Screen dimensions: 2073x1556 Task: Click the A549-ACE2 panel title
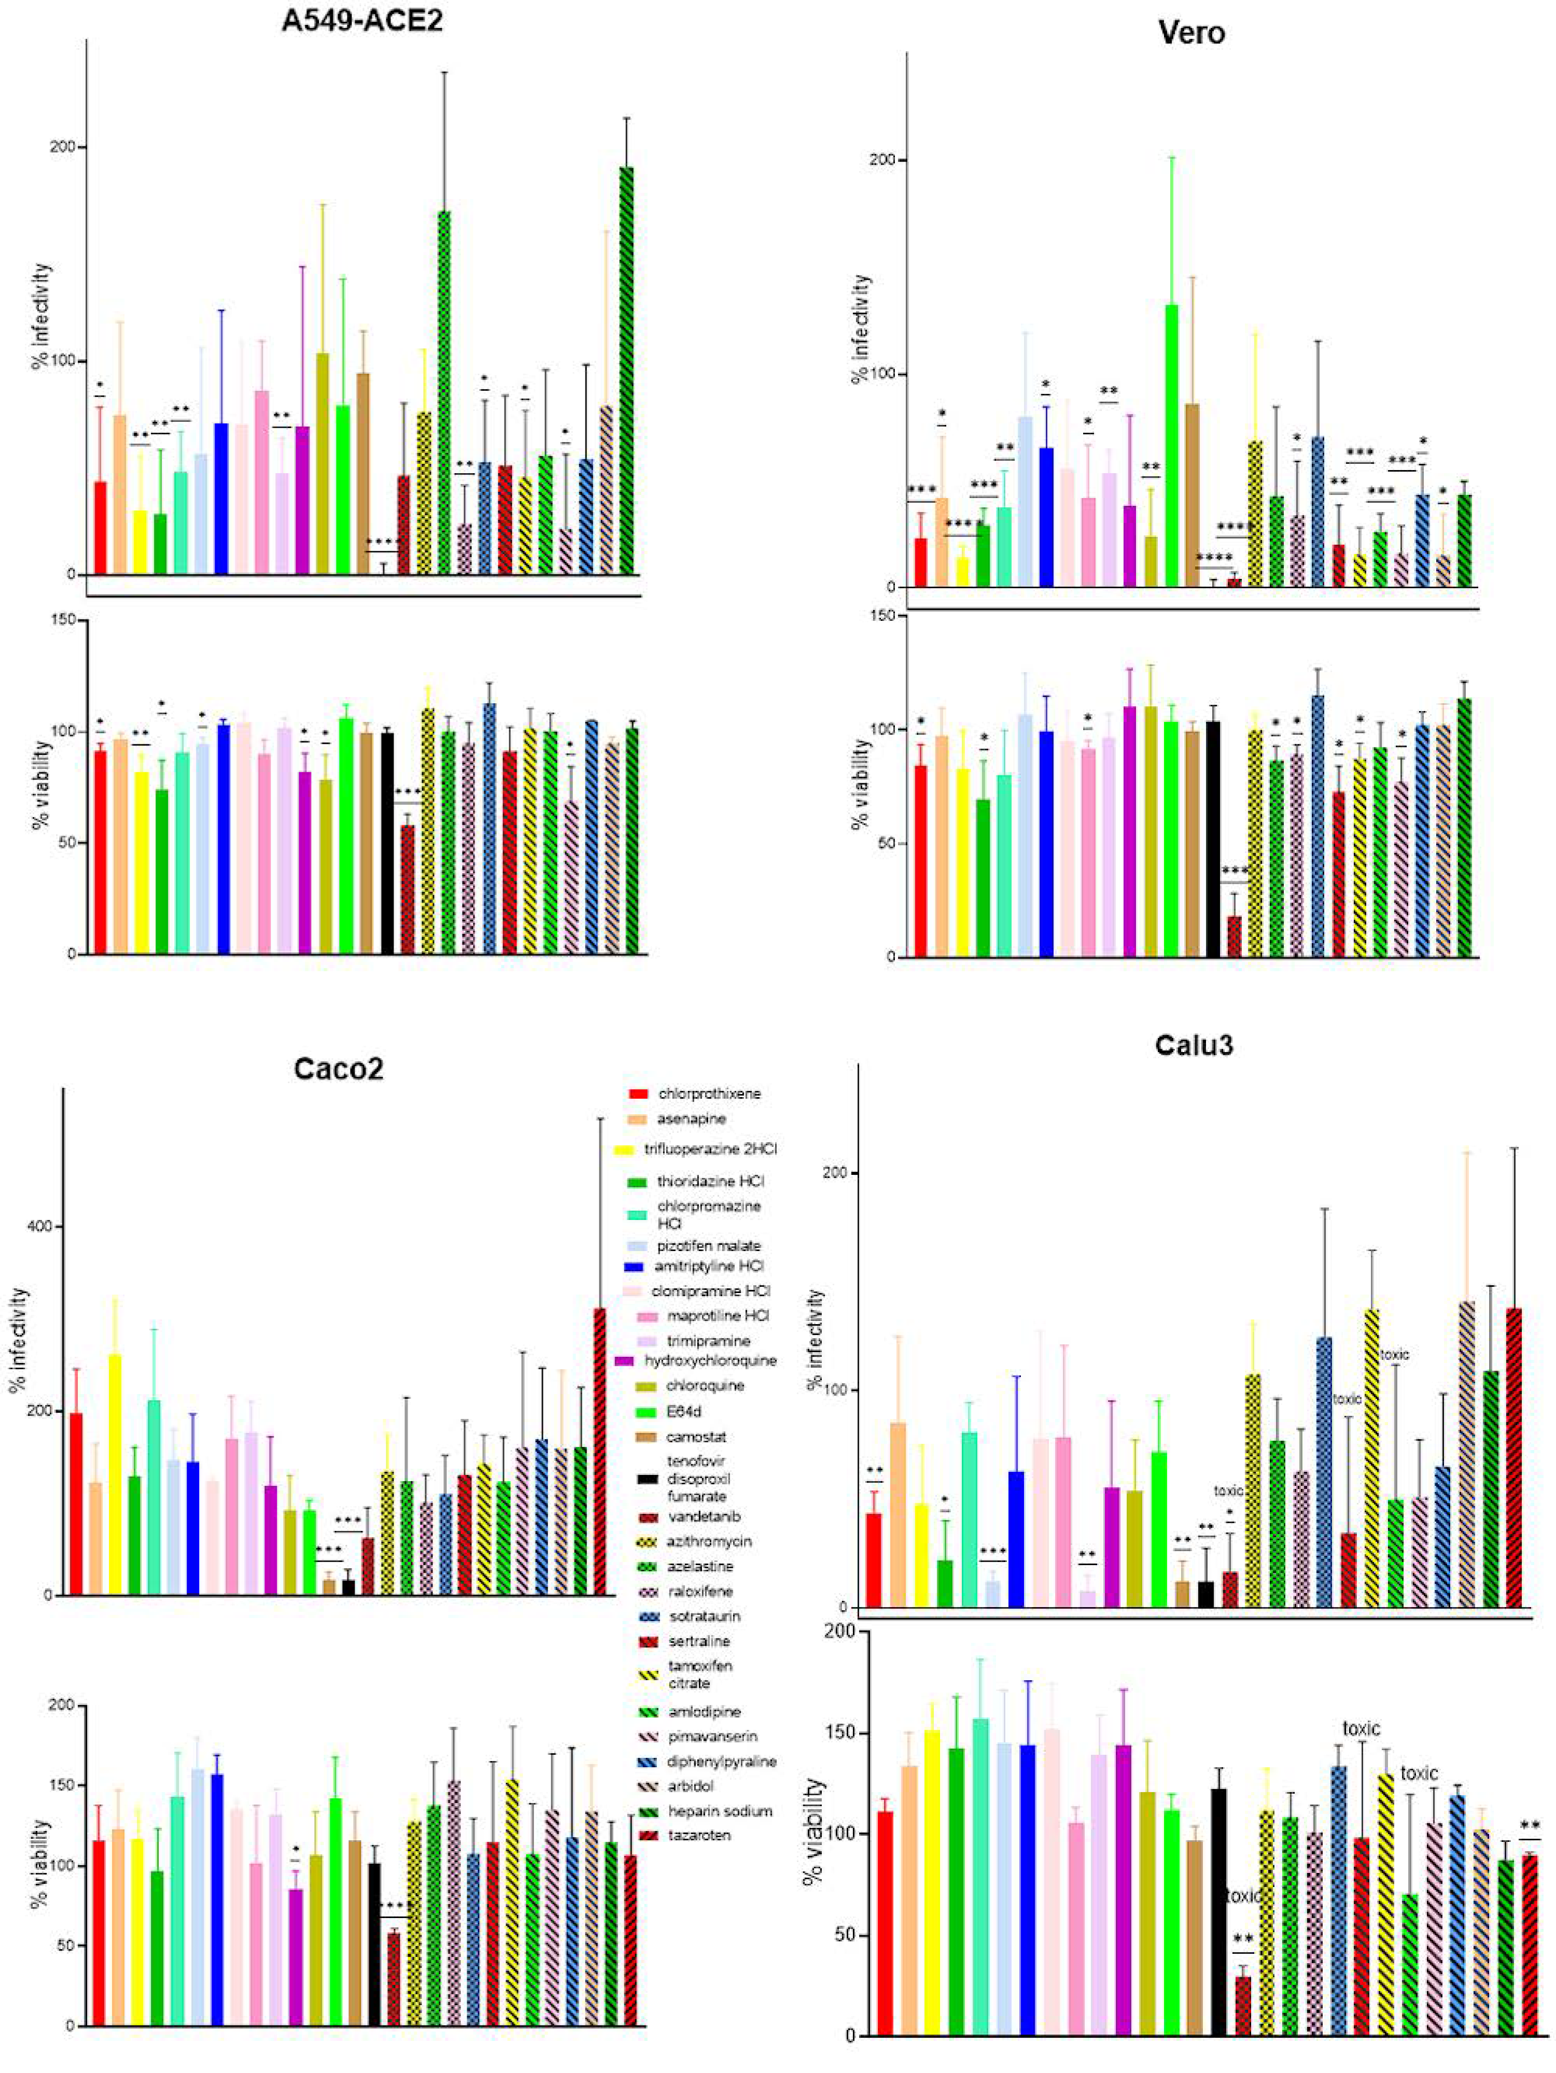[362, 21]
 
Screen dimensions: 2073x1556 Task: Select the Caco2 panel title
[339, 1069]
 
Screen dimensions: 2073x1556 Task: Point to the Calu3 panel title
[1193, 1045]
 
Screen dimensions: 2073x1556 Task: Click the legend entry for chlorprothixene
[709, 1094]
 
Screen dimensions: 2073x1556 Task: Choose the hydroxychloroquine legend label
[710, 1360]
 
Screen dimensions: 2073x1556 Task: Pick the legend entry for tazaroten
[698, 1835]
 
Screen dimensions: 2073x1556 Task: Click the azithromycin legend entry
[710, 1542]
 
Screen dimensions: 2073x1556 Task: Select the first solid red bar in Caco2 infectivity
[76, 1503]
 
